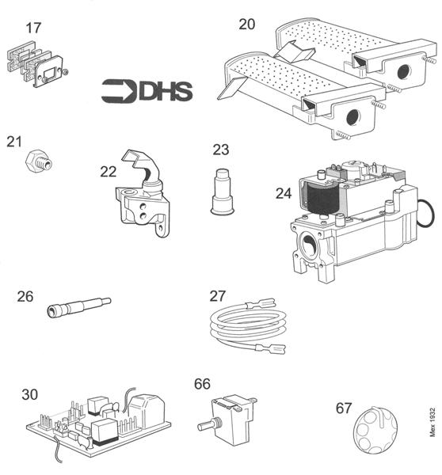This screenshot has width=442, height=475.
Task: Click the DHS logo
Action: pos(147,91)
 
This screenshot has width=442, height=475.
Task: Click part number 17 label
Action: pos(32,29)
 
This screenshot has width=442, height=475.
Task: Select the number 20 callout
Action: pos(247,25)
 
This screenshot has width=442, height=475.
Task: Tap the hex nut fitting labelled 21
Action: pos(36,162)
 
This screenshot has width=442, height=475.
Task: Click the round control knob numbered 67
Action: pos(371,431)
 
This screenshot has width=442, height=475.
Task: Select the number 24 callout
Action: pos(284,192)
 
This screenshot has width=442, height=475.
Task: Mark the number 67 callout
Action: pos(344,408)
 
